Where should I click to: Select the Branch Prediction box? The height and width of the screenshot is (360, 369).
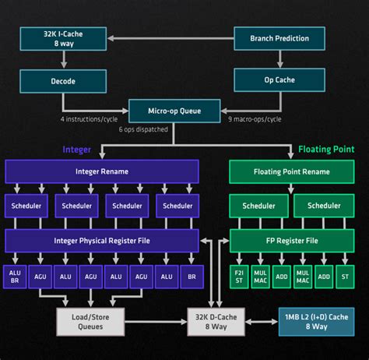click(278, 38)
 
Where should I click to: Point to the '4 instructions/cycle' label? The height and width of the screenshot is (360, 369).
click(90, 119)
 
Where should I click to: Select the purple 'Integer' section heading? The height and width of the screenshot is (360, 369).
click(77, 149)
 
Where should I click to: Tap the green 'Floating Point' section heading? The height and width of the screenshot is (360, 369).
click(326, 149)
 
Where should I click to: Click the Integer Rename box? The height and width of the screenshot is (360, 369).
click(102, 171)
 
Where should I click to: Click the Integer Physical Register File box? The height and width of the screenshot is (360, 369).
click(102, 240)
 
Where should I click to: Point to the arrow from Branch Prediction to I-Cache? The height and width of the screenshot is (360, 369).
click(170, 38)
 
